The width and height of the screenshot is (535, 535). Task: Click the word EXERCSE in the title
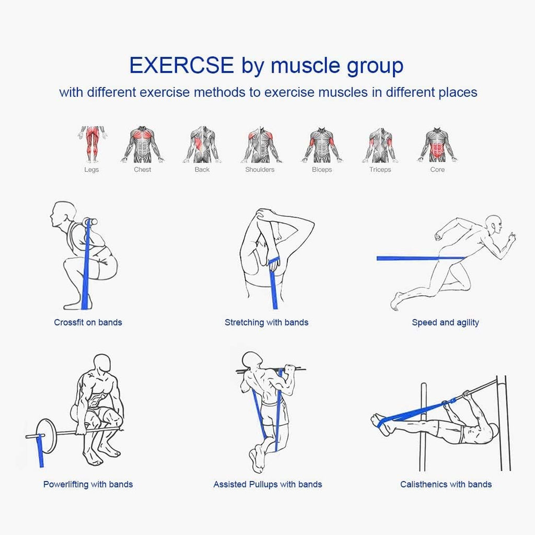coord(181,66)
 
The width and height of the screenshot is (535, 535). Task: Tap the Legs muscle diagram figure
coord(92,144)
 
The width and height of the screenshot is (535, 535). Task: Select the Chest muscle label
coord(143,169)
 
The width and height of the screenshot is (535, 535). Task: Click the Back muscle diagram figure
coord(202,145)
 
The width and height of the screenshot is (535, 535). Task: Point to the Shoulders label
coord(260,169)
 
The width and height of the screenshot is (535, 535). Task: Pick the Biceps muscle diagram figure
coord(322,145)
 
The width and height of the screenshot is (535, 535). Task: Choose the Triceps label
coord(380,169)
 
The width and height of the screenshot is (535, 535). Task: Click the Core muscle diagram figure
coord(437,145)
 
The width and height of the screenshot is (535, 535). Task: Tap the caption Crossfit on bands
coord(88,322)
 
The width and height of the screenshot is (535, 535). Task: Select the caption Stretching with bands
coord(266,322)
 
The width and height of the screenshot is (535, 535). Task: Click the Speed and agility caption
coord(445,322)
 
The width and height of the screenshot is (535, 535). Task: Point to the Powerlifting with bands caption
coord(88,484)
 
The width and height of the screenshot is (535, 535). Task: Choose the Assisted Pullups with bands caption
coord(267,484)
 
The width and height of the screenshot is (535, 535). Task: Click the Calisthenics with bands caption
coord(446,484)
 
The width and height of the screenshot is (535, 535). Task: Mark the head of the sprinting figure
coord(494,225)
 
